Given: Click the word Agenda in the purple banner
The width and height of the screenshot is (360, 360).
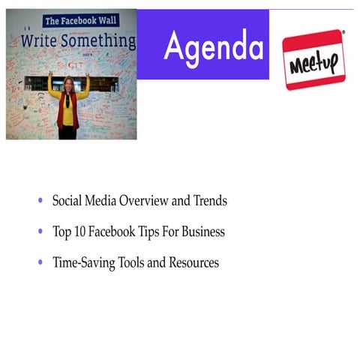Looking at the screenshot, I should click(214, 46).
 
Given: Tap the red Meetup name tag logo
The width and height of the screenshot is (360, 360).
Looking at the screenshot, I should click(313, 59).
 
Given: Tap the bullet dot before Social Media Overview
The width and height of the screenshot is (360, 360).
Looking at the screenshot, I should click(40, 201).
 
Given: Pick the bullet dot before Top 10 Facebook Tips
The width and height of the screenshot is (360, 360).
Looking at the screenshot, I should click(40, 232).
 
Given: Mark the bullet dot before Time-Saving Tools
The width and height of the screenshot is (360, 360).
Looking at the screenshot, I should click(40, 263).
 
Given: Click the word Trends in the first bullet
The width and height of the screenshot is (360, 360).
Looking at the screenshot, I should click(210, 201).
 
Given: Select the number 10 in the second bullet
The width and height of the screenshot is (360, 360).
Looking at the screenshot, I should click(79, 232).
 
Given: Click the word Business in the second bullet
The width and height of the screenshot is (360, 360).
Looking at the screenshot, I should click(203, 232).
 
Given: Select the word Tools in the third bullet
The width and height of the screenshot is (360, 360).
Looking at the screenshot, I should click(133, 263).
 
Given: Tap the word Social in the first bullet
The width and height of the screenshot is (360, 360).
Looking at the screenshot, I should click(67, 201).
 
